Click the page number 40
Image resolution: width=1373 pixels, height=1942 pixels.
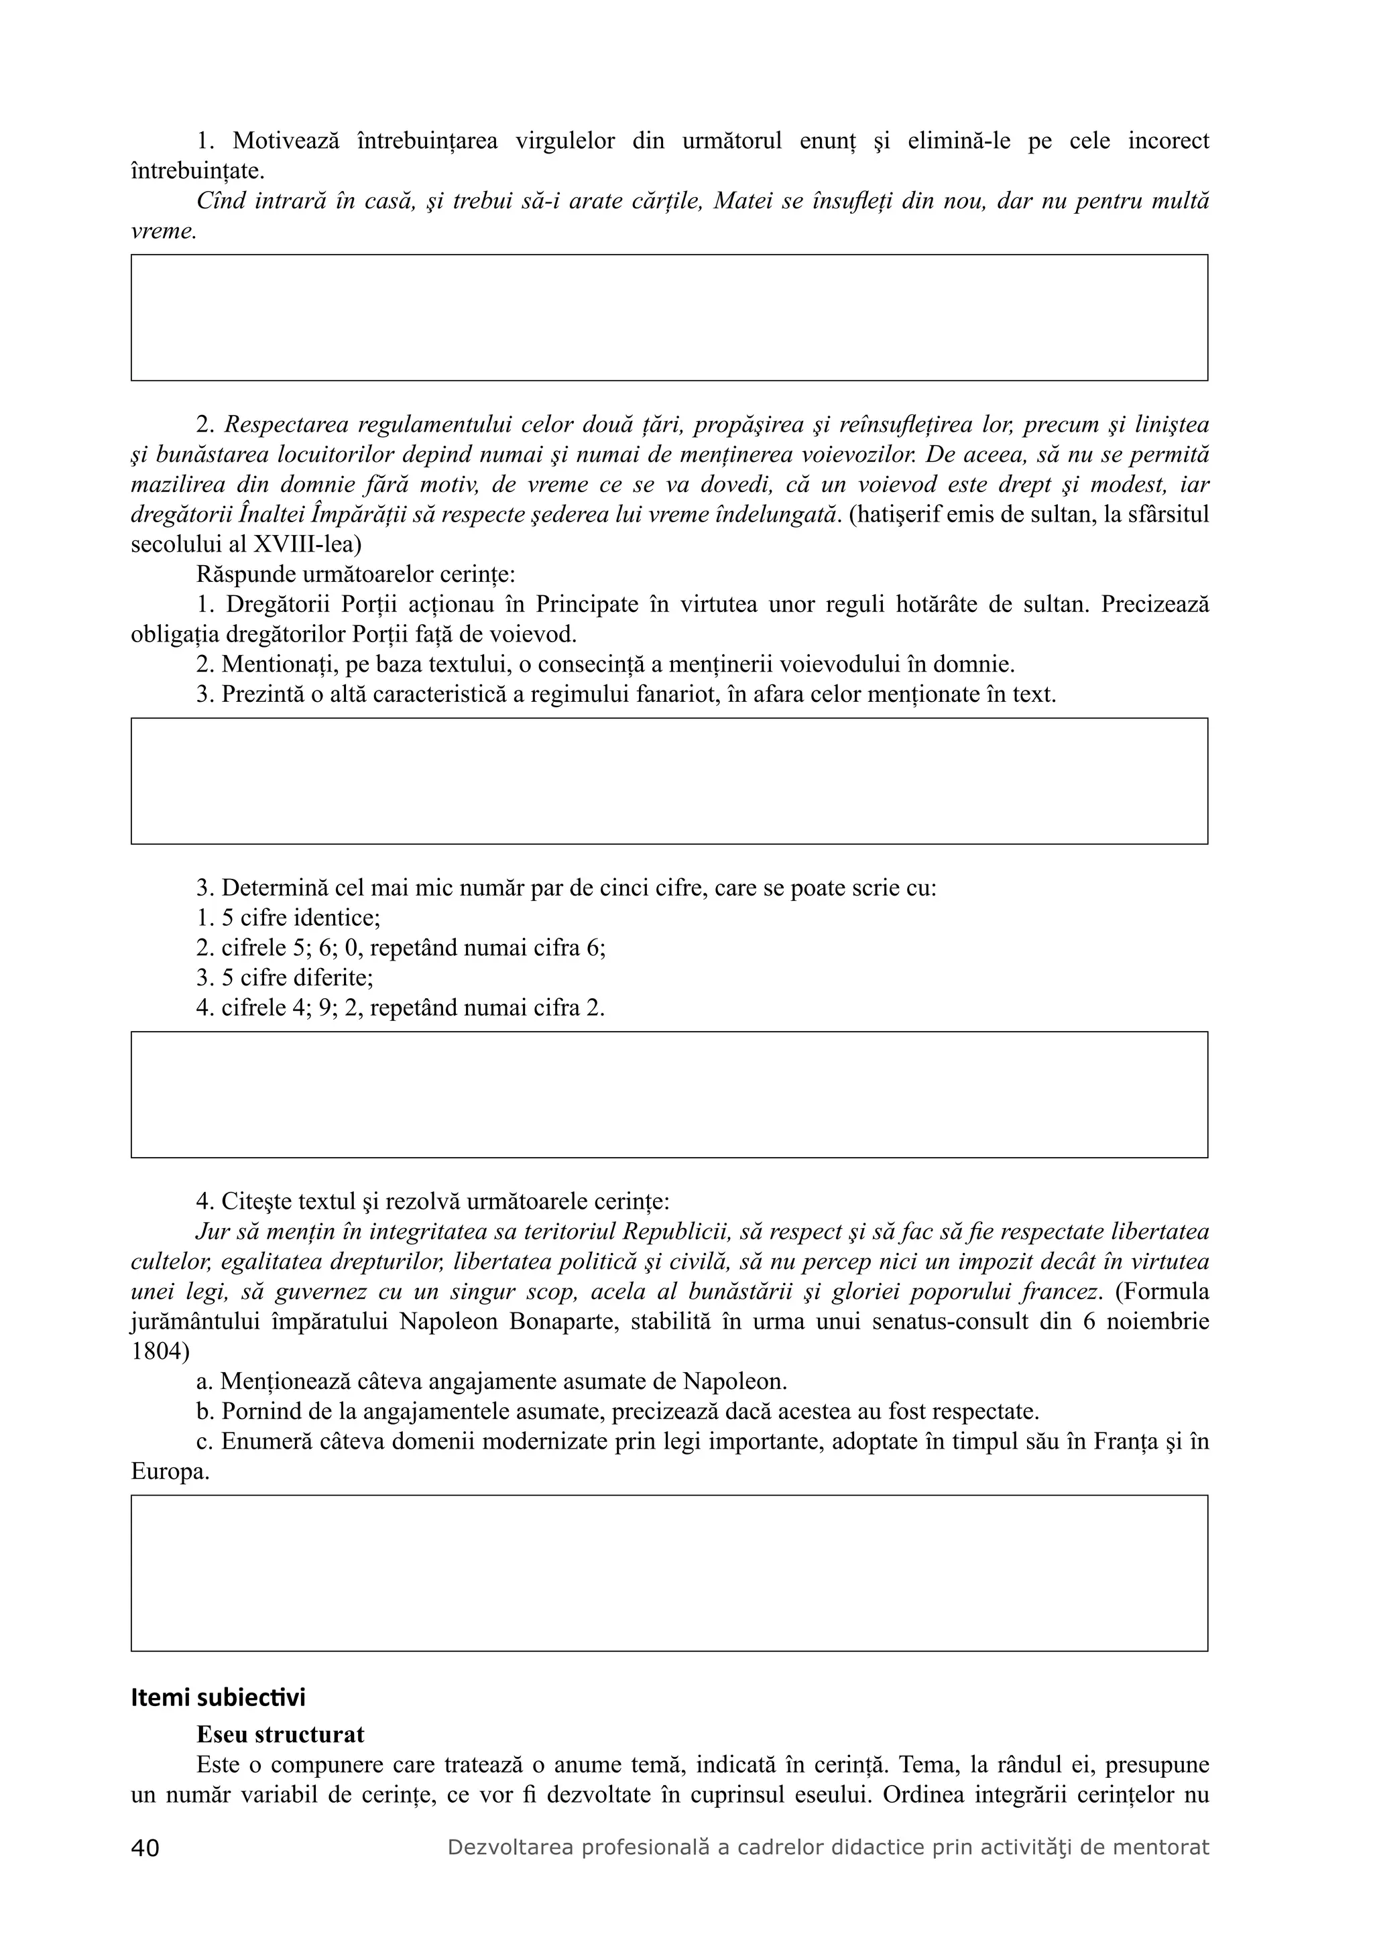click(x=145, y=1848)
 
